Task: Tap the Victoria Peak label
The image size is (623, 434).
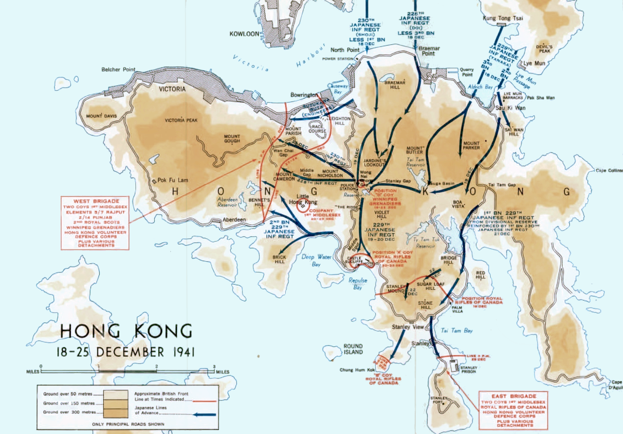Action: (181, 120)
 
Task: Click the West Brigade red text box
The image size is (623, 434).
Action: (95, 223)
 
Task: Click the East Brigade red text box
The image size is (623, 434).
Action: (513, 410)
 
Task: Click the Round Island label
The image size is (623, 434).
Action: (353, 349)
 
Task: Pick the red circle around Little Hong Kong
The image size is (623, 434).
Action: (304, 205)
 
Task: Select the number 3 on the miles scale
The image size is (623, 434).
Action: (214, 366)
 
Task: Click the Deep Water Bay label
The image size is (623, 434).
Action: (311, 260)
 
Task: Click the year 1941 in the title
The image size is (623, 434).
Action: (178, 352)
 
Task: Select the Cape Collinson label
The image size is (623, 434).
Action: (609, 170)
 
